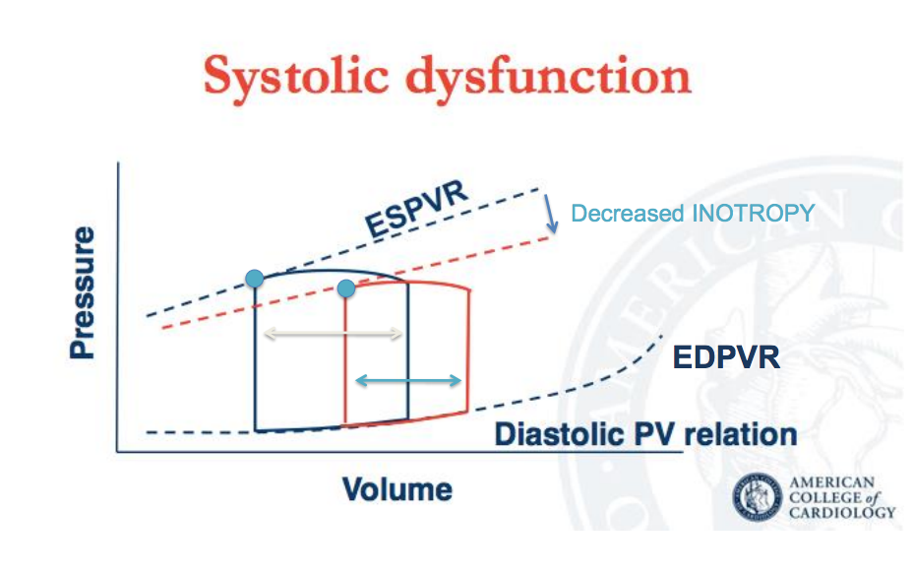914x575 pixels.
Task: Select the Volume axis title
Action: click(397, 488)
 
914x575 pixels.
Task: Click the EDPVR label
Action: click(726, 356)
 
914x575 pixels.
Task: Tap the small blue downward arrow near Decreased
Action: click(552, 214)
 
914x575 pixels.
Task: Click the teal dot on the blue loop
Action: click(255, 279)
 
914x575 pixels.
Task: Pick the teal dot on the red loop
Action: click(345, 287)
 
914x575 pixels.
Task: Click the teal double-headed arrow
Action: click(408, 380)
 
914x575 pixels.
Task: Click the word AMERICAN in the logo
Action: click(832, 481)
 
